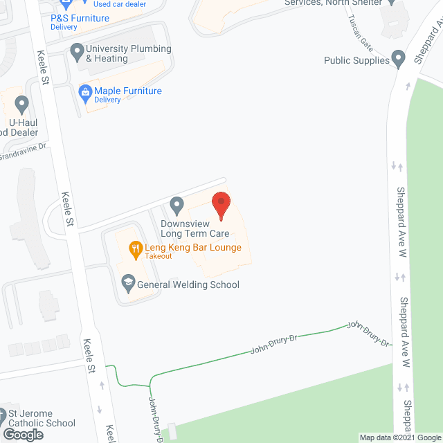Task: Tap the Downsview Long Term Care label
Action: pos(195,229)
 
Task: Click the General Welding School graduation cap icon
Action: pos(127,284)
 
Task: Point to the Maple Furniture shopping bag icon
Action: pos(84,91)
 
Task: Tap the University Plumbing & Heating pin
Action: pos(76,50)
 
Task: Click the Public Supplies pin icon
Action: pos(399,61)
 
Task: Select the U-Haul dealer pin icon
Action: pos(21,105)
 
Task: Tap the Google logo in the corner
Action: pos(22,434)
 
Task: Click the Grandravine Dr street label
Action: pos(23,150)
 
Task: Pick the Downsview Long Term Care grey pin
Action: pos(177,206)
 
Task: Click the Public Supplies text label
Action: pos(356,61)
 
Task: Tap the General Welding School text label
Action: pos(188,284)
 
